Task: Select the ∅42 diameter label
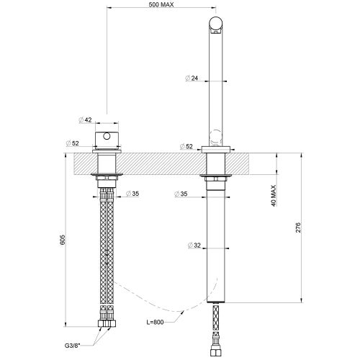click(x=84, y=120)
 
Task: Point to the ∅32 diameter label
click(x=194, y=246)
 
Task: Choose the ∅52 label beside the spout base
click(x=186, y=146)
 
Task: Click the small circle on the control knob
click(x=107, y=136)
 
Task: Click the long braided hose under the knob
click(x=107, y=252)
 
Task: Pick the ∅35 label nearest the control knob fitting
click(x=132, y=194)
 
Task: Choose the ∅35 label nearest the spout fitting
click(x=181, y=194)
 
